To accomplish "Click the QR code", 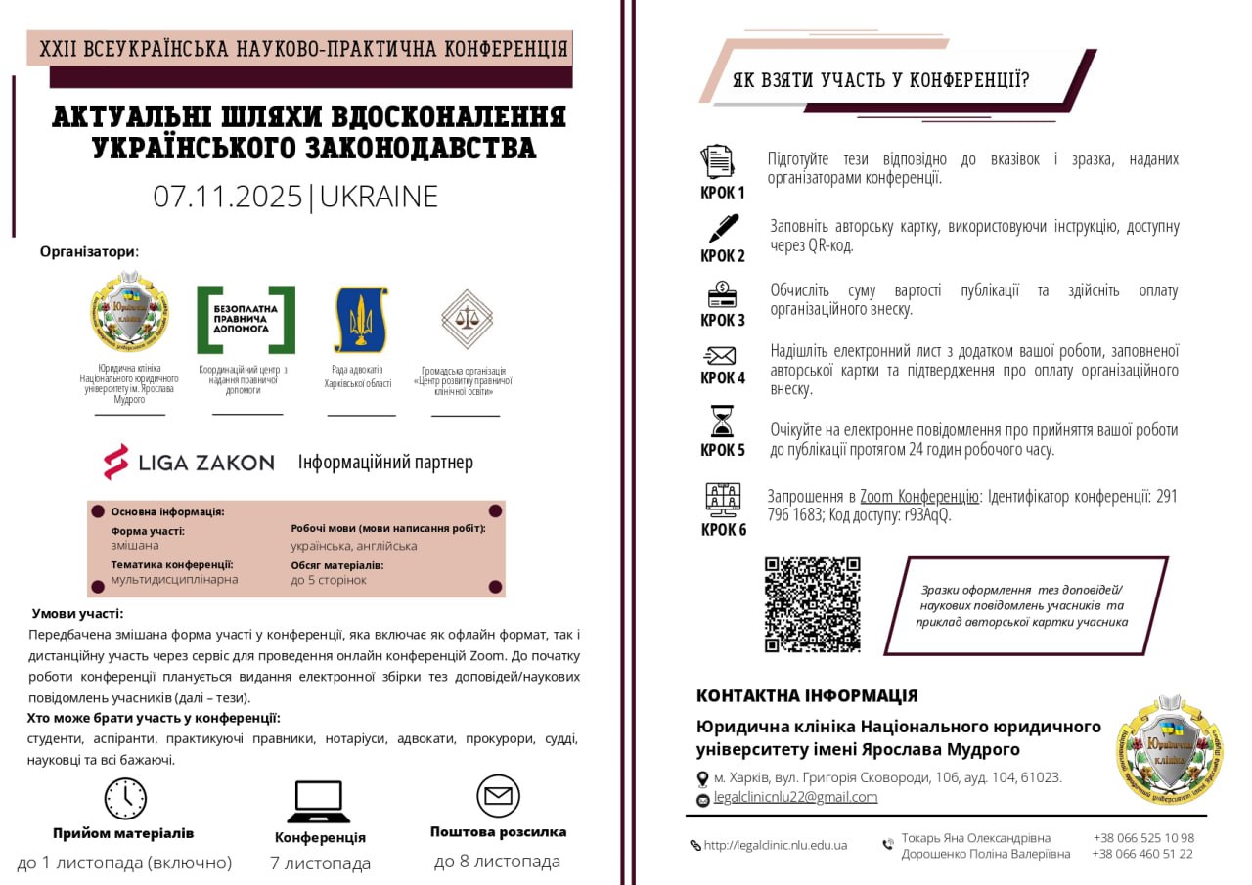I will tap(812, 604).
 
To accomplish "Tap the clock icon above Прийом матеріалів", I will tap(125, 798).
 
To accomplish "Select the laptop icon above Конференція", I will tap(318, 802).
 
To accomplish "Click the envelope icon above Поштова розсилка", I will tap(498, 796).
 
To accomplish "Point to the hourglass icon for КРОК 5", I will tap(722, 421).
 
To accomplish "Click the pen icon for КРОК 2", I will tap(723, 228).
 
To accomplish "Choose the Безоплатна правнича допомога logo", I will tap(246, 320).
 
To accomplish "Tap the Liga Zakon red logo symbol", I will tap(116, 462).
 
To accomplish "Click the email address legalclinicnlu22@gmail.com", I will tap(795, 797).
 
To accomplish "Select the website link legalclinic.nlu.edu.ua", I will tap(775, 845).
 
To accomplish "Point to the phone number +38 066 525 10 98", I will tap(1142, 838).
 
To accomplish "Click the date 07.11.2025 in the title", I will tap(228, 197).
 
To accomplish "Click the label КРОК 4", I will tap(723, 377).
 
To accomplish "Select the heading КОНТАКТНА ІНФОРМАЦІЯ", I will tap(807, 696).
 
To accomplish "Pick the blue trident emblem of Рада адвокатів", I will tap(360, 319).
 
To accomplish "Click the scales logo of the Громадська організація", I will tap(466, 319).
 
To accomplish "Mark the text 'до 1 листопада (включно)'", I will tap(124, 863).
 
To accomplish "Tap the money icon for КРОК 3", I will tap(722, 293).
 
